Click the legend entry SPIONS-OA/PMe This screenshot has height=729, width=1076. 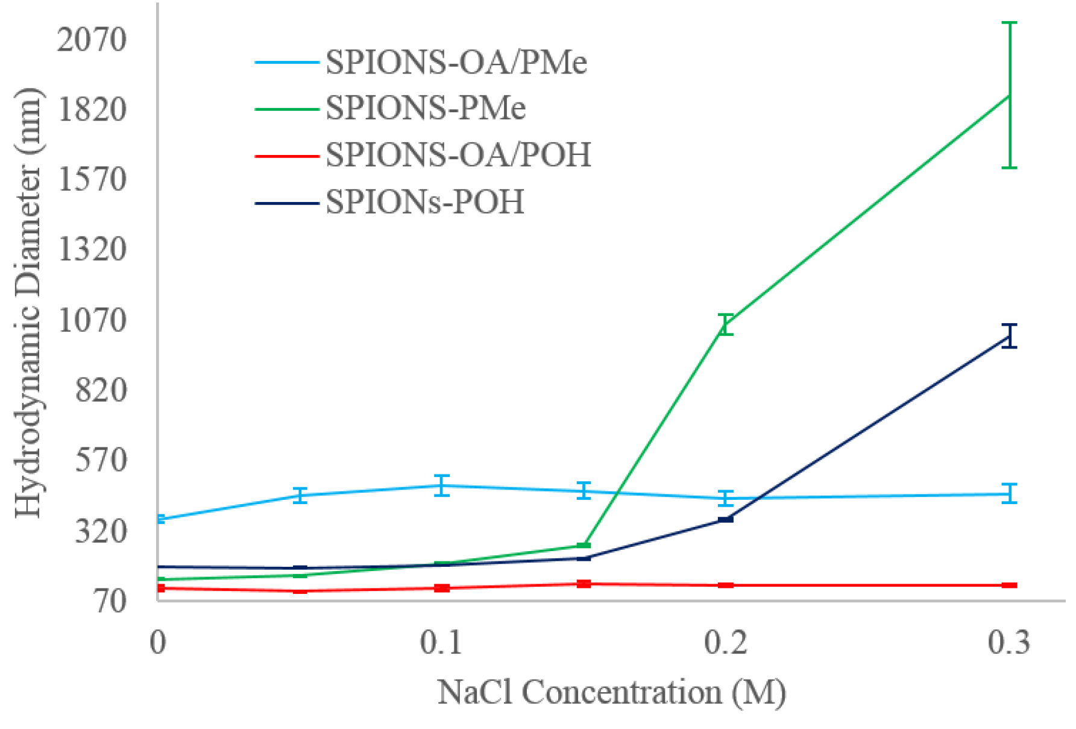pyautogui.click(x=456, y=62)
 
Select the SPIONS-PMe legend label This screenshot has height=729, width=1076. pyautogui.click(x=426, y=109)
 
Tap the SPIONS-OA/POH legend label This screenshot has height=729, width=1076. pyautogui.click(x=458, y=155)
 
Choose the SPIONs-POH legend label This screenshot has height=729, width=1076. pyautogui.click(x=424, y=202)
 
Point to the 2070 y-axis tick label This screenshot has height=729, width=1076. pyautogui.click(x=92, y=39)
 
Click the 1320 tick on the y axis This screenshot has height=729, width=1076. pyautogui.click(x=92, y=249)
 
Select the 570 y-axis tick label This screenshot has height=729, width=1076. pyautogui.click(x=101, y=459)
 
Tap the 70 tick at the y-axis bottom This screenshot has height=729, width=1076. pyautogui.click(x=110, y=601)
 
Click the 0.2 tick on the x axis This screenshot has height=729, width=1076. pyautogui.click(x=726, y=643)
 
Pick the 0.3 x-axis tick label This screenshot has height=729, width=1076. pyautogui.click(x=1009, y=643)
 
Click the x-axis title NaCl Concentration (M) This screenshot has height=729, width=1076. pyautogui.click(x=611, y=692)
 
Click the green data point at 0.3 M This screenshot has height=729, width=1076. pyautogui.click(x=1010, y=95)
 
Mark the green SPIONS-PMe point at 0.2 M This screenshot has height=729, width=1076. pyautogui.click(x=726, y=324)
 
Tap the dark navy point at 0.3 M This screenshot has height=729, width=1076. pyautogui.click(x=1010, y=336)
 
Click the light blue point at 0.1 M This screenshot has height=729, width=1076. pyautogui.click(x=442, y=485)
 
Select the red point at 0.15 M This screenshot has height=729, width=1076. pyautogui.click(x=584, y=584)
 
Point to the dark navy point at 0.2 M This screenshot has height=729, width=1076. pyautogui.click(x=726, y=519)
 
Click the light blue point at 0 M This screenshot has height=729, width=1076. pyautogui.click(x=159, y=519)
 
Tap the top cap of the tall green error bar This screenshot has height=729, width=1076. pyautogui.click(x=1010, y=23)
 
